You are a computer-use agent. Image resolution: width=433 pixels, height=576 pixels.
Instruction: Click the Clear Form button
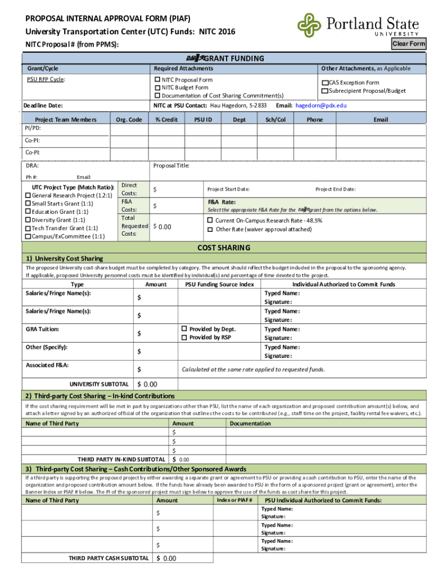click(409, 44)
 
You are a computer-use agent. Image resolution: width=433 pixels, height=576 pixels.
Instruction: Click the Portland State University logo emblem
click(309, 25)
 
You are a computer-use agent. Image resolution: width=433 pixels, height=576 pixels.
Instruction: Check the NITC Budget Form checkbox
click(158, 88)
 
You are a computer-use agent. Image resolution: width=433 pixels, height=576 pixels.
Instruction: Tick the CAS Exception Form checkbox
click(324, 83)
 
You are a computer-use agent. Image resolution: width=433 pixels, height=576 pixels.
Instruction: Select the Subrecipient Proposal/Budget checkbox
click(324, 91)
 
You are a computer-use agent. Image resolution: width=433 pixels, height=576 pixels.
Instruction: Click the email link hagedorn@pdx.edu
click(321, 105)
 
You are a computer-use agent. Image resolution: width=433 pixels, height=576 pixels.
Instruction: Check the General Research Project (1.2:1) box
click(27, 195)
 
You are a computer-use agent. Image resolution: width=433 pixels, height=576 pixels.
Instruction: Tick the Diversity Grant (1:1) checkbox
click(27, 220)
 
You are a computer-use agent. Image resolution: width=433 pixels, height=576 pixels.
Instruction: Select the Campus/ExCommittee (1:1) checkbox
click(27, 237)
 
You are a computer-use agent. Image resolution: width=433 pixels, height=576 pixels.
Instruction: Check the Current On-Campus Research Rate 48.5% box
click(210, 221)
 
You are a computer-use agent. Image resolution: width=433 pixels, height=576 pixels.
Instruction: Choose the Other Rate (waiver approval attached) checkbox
click(210, 229)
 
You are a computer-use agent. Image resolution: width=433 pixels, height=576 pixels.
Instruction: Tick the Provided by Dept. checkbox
click(183, 329)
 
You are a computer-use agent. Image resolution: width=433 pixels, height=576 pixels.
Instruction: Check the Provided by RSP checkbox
click(183, 337)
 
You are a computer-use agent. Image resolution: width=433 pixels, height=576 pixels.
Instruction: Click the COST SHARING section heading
click(224, 248)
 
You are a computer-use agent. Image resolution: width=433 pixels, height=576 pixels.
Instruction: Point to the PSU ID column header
click(202, 120)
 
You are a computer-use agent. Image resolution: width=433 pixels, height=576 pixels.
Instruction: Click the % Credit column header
click(166, 120)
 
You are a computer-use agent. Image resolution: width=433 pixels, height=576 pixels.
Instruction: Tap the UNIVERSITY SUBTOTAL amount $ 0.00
click(147, 384)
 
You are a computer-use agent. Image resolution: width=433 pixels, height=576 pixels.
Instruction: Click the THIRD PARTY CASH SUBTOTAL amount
click(166, 559)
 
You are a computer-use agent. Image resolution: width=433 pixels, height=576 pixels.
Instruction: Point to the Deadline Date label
click(43, 106)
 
